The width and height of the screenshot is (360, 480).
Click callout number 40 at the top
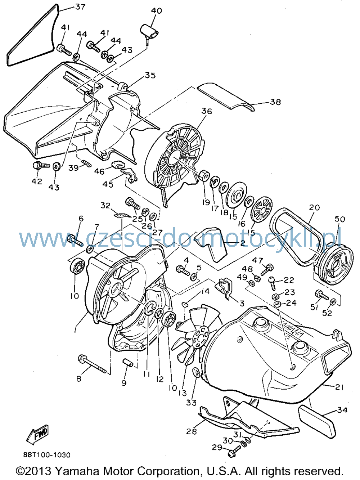[157, 10]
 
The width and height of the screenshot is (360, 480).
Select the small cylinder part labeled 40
[149, 34]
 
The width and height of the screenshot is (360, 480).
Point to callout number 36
[207, 111]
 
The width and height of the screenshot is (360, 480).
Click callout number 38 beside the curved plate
[275, 102]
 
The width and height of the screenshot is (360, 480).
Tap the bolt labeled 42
[41, 166]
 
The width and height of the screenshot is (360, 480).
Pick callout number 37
[80, 7]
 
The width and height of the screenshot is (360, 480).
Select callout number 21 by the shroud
[338, 387]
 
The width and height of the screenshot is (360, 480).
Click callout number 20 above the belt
[314, 207]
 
